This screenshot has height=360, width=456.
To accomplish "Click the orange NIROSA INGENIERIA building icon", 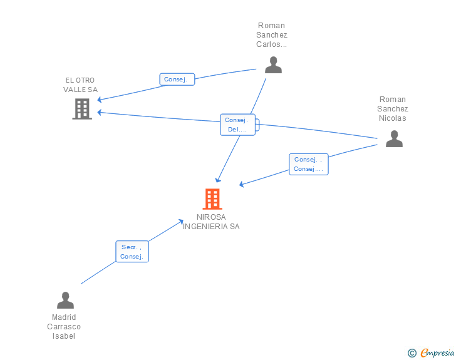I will click(x=212, y=199).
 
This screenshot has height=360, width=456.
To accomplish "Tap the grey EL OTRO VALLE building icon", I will click(x=82, y=109).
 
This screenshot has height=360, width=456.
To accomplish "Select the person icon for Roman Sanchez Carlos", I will click(x=273, y=64).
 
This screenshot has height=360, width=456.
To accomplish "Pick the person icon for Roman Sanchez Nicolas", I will click(x=394, y=138).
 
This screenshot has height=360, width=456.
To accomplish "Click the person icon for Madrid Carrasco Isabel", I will click(x=65, y=301).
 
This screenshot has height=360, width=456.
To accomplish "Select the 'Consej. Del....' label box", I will click(x=237, y=125).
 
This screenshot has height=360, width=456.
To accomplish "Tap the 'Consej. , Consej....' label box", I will click(x=308, y=164).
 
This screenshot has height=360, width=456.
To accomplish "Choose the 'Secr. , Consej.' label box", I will click(x=132, y=252).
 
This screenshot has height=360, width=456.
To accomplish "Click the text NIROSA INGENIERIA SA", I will click(x=211, y=222).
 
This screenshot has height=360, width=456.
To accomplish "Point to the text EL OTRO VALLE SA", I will click(x=81, y=85).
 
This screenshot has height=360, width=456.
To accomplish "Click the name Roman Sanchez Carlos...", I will click(x=272, y=35).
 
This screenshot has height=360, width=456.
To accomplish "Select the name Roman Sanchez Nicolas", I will click(x=393, y=108).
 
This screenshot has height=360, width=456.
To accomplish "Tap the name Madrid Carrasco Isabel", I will click(x=64, y=326).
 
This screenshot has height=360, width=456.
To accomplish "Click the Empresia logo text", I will click(x=437, y=352).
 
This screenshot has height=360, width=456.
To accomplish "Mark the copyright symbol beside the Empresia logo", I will click(x=412, y=353).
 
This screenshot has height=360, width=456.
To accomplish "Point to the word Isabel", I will click(x=64, y=336).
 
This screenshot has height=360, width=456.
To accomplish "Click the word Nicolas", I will click(x=393, y=118).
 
